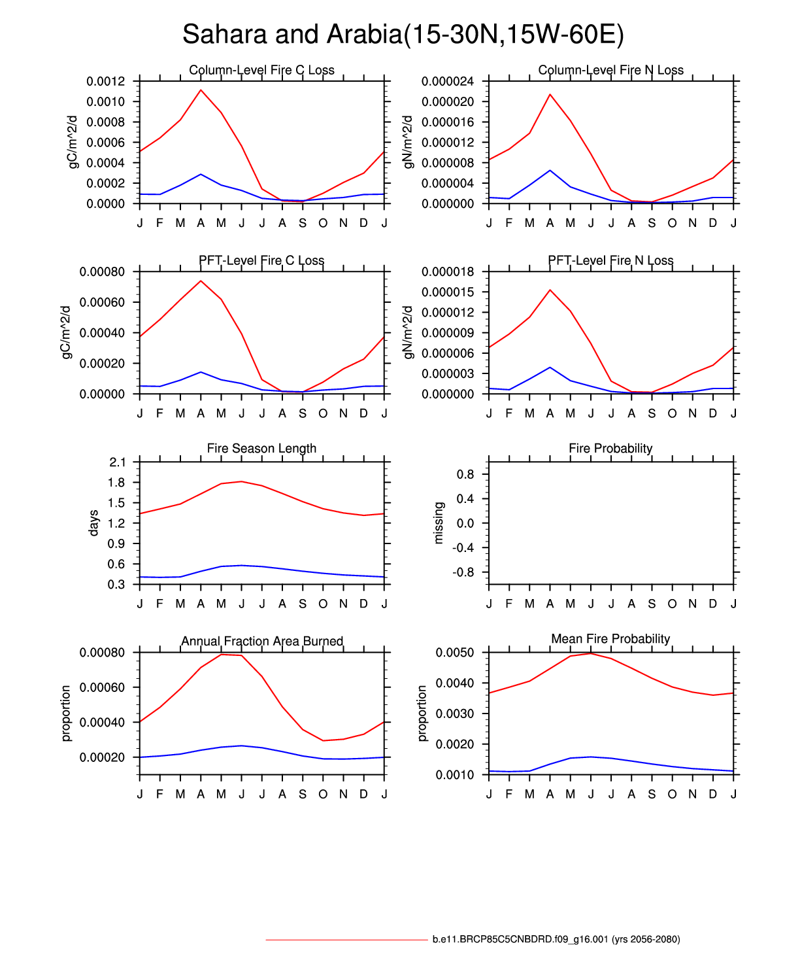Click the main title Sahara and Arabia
403,35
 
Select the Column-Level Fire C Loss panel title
261,70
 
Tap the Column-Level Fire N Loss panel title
610,70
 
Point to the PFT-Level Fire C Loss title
261,260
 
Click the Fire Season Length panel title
261,448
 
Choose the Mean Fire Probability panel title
610,638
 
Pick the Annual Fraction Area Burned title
261,641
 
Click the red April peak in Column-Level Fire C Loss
201,90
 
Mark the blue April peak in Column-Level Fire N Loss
550,170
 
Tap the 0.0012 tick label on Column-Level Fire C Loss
105,81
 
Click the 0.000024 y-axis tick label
448,81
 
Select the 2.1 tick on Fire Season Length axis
117,462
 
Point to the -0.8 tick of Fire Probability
465,572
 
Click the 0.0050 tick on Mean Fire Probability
455,653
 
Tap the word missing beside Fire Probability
439,523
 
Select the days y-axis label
93,523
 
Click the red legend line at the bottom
346,940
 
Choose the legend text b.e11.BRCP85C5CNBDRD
556,940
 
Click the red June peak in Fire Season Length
242,481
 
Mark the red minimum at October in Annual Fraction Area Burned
323,740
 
